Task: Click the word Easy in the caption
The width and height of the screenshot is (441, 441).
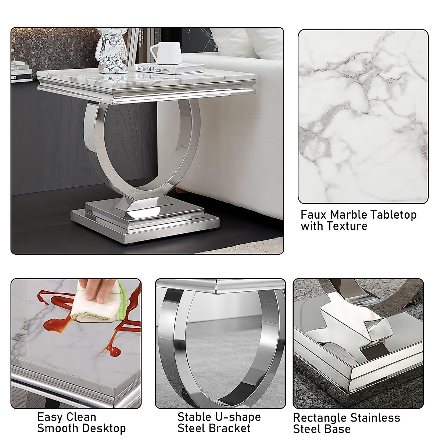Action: point(51,417)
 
